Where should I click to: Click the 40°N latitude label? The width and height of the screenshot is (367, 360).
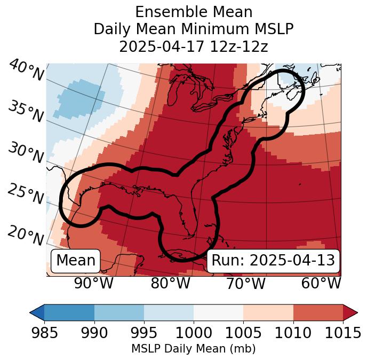tap(26, 71)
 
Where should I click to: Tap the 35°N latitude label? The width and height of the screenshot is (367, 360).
tap(26, 112)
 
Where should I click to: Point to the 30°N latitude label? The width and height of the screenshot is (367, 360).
tap(26, 154)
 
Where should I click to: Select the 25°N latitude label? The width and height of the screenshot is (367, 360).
tap(26, 194)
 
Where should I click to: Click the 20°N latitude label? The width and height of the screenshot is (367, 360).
tap(26, 235)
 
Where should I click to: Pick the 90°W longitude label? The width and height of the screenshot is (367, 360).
tap(94, 283)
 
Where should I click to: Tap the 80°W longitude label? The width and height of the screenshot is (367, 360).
tap(170, 283)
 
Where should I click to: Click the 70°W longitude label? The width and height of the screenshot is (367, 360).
tap(246, 283)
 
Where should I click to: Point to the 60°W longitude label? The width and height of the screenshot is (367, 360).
tap(321, 283)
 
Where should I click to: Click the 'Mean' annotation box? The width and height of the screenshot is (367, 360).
tap(76, 261)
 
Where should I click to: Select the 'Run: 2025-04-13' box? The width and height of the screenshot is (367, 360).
tap(273, 261)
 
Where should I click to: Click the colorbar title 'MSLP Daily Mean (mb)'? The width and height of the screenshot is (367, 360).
tap(193, 349)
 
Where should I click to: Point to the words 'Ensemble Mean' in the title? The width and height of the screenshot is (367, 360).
tap(194, 12)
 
